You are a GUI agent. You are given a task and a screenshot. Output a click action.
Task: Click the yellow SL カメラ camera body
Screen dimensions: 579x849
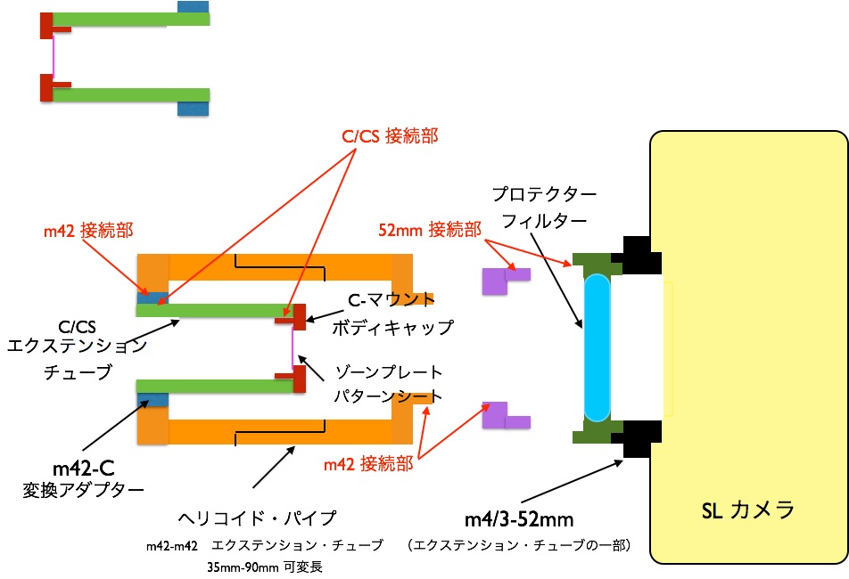click(749, 356)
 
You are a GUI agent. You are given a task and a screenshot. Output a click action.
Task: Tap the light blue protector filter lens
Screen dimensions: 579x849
click(597, 347)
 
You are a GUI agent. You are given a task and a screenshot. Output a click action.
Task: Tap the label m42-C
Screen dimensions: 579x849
click(84, 466)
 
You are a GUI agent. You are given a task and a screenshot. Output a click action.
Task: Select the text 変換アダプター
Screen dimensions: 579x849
click(83, 489)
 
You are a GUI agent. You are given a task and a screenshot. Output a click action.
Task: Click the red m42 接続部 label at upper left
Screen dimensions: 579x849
click(88, 231)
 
